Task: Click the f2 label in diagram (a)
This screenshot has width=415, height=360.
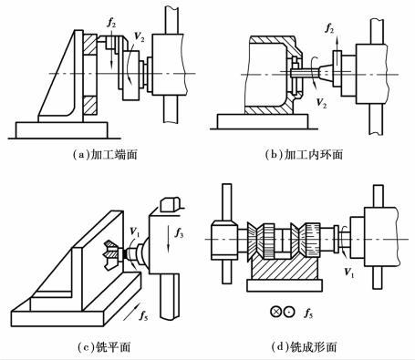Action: click(x=111, y=24)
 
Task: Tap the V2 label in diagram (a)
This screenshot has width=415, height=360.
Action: click(x=140, y=36)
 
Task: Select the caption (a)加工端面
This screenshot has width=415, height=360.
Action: click(x=105, y=155)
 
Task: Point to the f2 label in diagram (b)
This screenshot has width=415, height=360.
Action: click(x=329, y=28)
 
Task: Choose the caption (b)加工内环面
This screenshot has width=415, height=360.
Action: click(x=304, y=155)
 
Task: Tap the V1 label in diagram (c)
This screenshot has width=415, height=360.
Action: click(x=134, y=231)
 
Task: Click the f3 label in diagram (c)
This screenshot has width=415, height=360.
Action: click(x=179, y=233)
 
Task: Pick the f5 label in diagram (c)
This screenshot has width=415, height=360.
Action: click(x=143, y=315)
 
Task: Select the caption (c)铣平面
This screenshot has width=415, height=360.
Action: click(x=104, y=346)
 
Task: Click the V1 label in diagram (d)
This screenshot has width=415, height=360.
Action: click(x=349, y=272)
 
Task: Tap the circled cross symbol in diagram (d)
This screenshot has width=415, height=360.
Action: click(x=275, y=312)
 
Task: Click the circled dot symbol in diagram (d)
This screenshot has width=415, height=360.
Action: click(x=289, y=312)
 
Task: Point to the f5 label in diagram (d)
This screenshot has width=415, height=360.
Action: click(x=308, y=313)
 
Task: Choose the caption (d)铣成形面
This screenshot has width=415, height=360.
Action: click(x=304, y=346)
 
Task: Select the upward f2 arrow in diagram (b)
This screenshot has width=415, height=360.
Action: click(x=337, y=44)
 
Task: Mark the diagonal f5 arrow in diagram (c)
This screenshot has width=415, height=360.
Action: click(x=130, y=311)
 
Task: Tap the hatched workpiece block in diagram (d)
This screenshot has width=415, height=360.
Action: click(x=285, y=266)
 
